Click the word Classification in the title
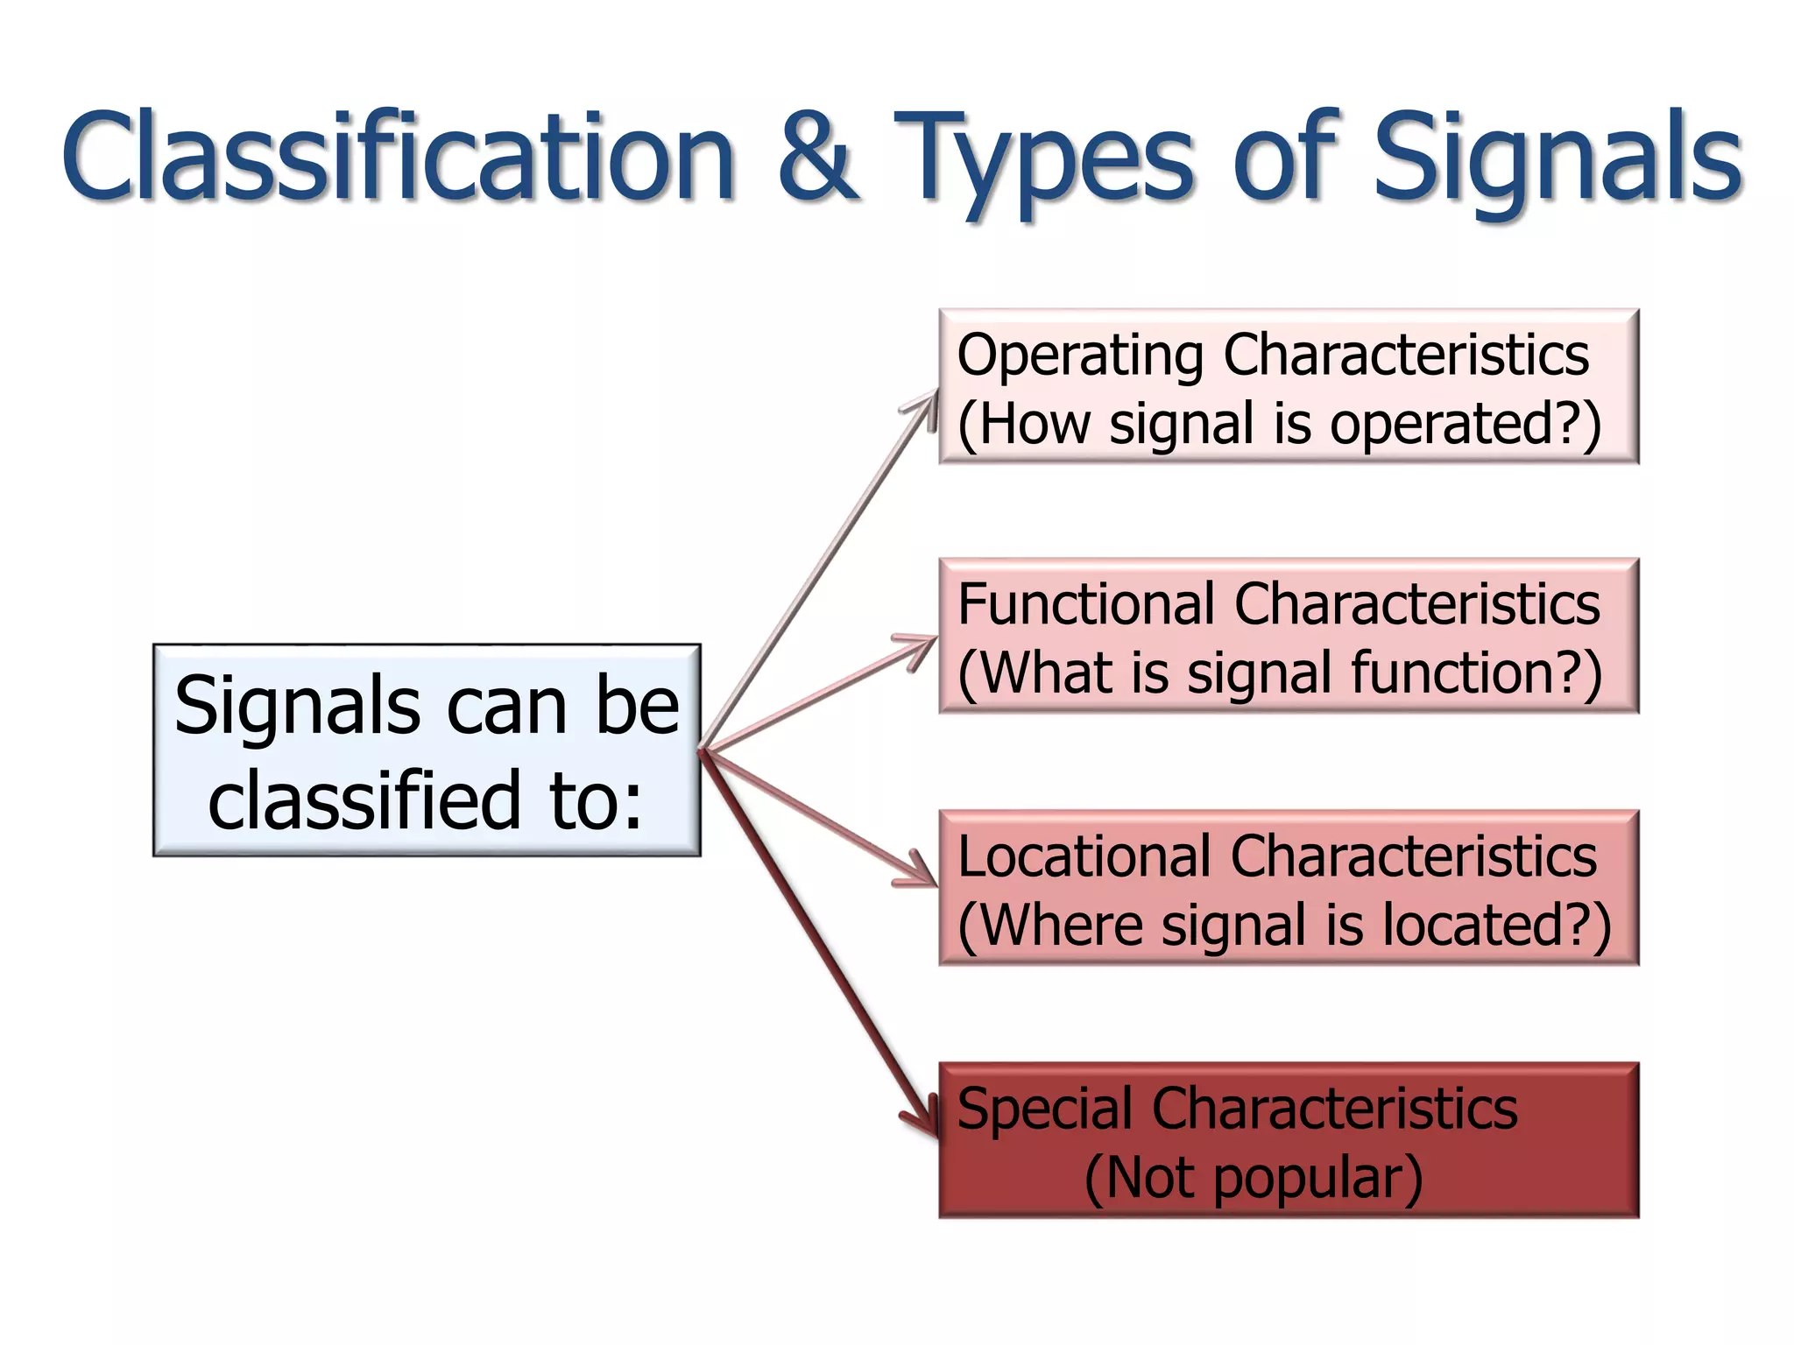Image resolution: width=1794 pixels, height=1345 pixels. [x=399, y=158]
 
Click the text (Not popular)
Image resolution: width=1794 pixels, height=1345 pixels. [x=1253, y=1178]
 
